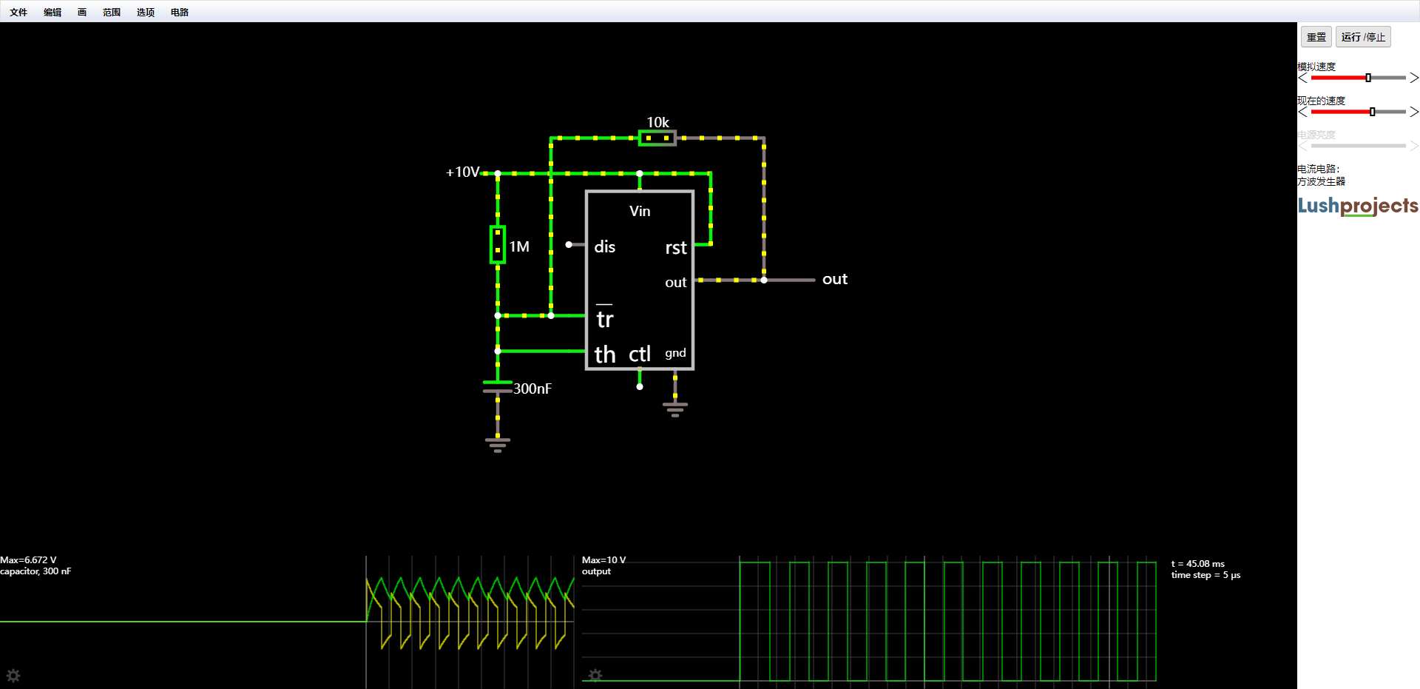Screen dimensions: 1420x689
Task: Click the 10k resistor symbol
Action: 657,138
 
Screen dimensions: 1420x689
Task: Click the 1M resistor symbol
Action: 498,245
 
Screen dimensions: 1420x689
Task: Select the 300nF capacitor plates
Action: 498,386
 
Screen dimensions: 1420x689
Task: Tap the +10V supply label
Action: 463,172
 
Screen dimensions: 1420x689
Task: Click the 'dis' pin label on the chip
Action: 604,246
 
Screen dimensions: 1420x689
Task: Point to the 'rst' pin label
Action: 676,248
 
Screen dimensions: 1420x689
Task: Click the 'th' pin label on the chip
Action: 605,354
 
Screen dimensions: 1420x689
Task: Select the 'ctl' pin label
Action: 640,354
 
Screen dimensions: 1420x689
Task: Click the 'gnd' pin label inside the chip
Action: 675,354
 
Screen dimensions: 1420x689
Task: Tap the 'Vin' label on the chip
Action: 640,212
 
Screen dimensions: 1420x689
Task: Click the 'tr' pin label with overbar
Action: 605,317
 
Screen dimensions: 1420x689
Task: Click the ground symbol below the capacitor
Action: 498,445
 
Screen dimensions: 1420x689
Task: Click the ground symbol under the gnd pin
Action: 675,409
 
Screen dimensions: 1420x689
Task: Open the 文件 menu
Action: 18,12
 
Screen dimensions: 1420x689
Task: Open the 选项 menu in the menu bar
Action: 146,12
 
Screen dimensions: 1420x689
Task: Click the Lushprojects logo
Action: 1358,206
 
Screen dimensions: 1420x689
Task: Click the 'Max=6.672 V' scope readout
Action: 28,560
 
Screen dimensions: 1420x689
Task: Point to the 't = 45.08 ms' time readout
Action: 1198,564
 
